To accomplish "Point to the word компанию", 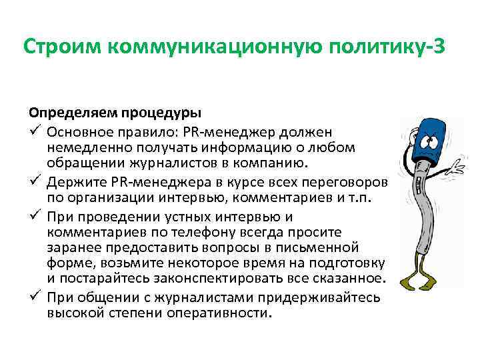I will pyautogui.click(x=276, y=163).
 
